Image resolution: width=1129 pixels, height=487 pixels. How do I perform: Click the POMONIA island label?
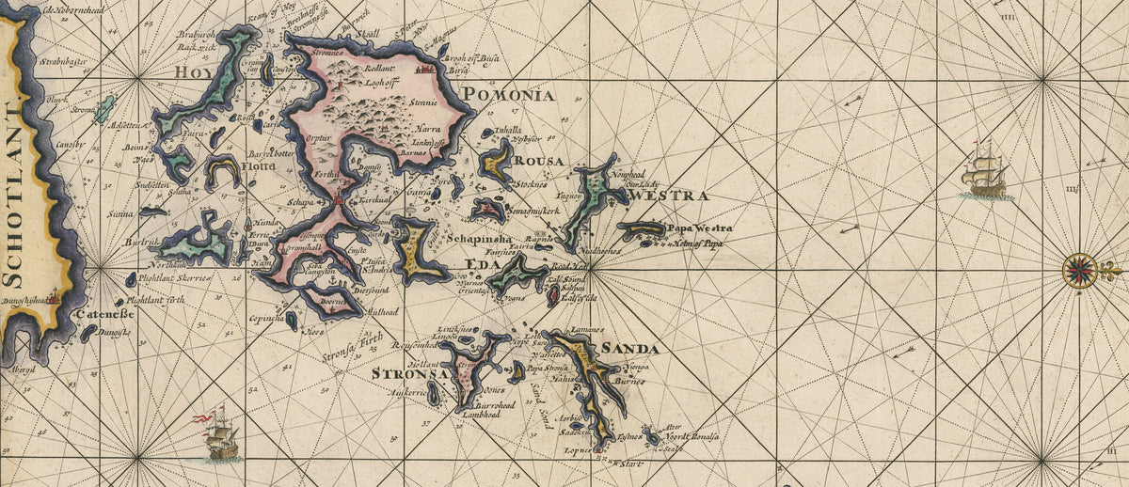[509, 94]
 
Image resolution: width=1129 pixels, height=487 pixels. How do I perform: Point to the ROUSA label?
[539, 161]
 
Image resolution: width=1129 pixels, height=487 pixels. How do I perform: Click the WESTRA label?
[670, 196]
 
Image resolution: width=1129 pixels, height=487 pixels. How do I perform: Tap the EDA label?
[478, 264]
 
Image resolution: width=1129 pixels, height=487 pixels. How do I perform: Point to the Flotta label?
[260, 166]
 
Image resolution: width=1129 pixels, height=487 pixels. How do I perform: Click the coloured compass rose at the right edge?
[1081, 270]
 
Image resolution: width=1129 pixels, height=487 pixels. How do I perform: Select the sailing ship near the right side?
[986, 172]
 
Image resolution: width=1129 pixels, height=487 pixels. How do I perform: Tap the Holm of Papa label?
[697, 243]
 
